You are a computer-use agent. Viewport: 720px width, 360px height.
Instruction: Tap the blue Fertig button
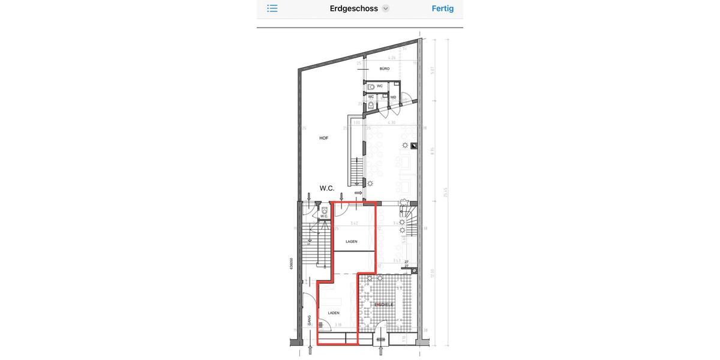442,8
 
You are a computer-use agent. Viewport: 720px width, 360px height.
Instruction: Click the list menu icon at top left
272,8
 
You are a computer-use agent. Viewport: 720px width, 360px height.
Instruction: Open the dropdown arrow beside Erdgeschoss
386,8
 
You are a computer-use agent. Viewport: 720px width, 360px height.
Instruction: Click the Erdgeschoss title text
353,8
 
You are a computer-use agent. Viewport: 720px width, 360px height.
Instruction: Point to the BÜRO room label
385,69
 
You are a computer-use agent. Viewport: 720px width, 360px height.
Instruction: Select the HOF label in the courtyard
324,138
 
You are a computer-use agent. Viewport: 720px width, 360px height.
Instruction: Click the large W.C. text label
327,188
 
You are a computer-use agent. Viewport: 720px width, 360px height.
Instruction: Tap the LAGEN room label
352,241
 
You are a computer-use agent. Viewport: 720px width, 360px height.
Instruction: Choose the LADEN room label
334,313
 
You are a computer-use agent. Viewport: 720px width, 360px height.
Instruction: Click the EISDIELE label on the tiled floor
384,305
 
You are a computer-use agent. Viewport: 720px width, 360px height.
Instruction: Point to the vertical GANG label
309,321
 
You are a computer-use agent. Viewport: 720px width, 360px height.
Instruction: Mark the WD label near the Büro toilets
393,97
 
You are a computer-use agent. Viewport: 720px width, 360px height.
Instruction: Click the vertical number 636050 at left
292,264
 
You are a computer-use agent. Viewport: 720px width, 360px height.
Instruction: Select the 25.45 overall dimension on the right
446,192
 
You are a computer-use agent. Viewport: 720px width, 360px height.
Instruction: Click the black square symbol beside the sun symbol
413,146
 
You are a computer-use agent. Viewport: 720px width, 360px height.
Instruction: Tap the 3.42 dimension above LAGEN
354,223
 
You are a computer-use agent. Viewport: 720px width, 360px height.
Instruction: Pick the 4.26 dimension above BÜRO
392,58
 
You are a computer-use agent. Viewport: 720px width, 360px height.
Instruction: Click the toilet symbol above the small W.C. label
325,210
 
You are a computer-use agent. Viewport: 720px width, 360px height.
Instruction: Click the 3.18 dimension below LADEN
338,325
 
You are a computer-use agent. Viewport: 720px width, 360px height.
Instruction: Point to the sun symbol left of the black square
406,145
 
